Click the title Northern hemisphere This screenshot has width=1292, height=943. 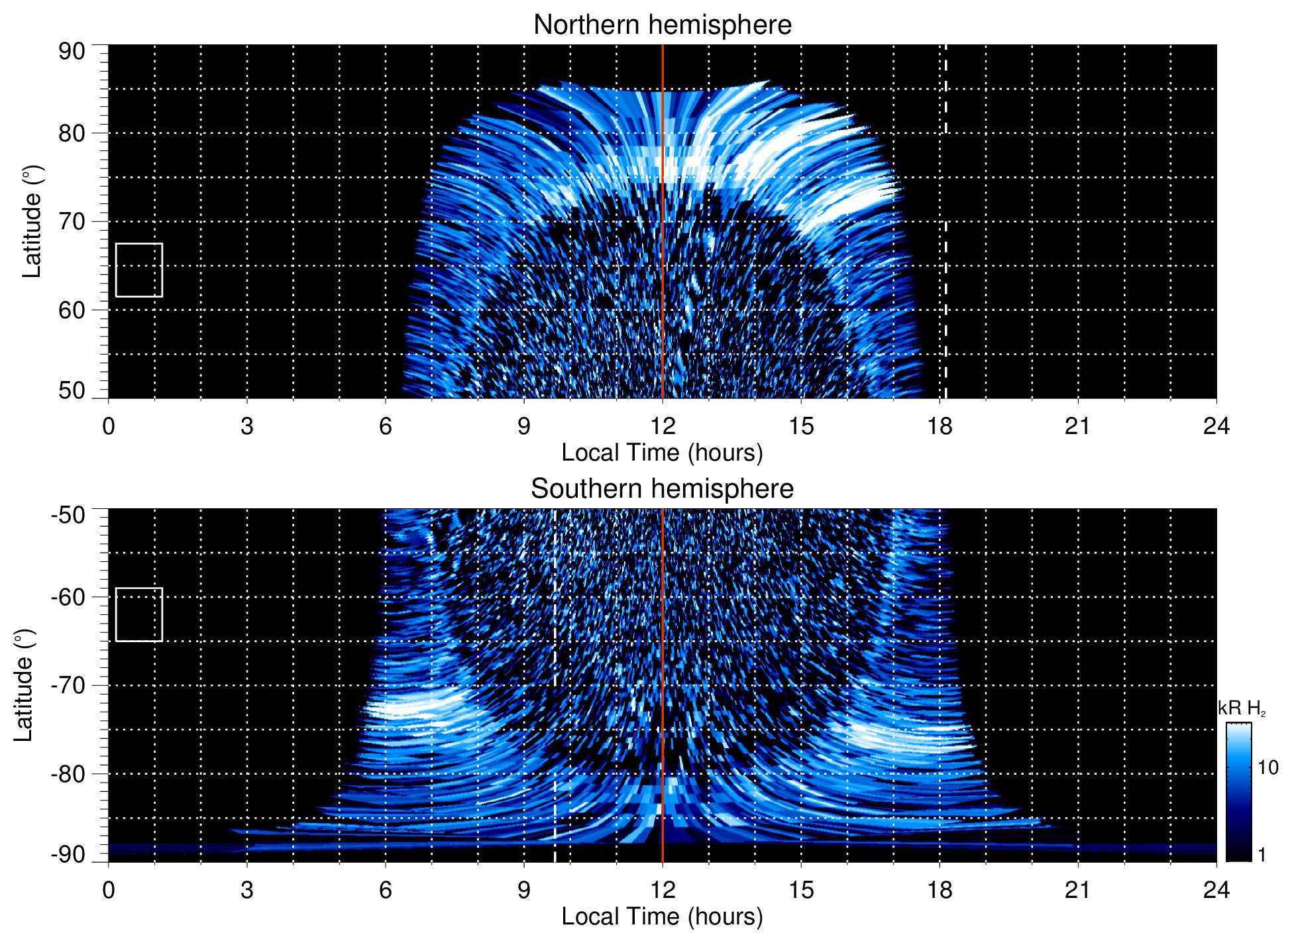662,25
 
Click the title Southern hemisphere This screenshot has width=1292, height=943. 662,489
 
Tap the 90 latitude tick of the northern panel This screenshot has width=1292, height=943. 72,51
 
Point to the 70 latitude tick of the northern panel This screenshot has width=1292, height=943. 72,221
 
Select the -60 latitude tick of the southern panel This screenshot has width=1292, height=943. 68,596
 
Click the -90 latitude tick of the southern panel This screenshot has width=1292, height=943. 68,854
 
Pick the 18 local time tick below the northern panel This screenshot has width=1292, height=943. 940,425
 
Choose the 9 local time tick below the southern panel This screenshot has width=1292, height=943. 524,889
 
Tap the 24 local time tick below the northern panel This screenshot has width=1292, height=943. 1216,425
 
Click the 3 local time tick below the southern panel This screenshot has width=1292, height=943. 247,889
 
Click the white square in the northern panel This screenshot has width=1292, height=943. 139,270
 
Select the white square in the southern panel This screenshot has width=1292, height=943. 139,614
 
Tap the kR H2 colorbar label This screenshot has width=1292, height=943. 1242,708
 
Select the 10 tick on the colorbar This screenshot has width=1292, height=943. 1267,767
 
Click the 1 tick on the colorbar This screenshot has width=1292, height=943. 1262,854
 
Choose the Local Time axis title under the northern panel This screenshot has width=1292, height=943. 662,453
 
